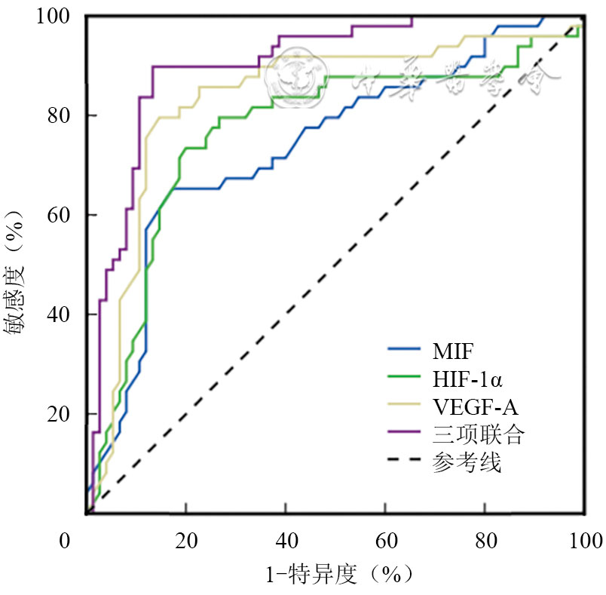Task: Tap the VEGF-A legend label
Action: click(x=475, y=406)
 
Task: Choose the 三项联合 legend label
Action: click(x=467, y=434)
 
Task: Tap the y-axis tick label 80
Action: click(x=60, y=115)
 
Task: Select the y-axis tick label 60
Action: click(x=60, y=215)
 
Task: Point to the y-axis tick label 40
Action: click(x=60, y=314)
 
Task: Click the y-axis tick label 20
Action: click(x=60, y=414)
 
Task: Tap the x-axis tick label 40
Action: click(x=286, y=541)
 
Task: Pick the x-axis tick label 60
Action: click(x=385, y=541)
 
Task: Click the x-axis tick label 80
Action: click(x=485, y=541)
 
